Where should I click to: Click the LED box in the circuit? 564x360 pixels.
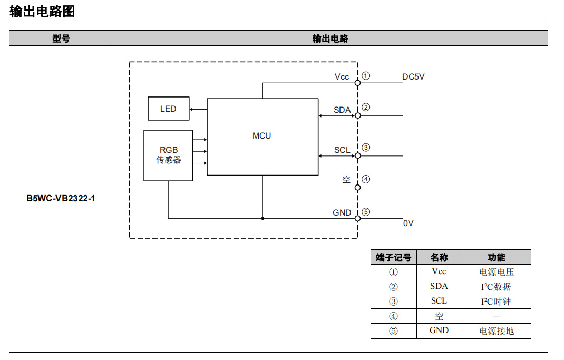click(x=168, y=109)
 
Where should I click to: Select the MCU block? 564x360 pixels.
click(x=262, y=136)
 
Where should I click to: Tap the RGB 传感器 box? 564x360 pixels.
click(x=168, y=155)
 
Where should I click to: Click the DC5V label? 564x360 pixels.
click(x=413, y=77)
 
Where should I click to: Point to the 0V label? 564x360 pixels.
click(x=409, y=223)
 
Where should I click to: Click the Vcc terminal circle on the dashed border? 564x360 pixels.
click(x=357, y=83)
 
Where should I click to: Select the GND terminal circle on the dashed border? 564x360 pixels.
click(x=357, y=218)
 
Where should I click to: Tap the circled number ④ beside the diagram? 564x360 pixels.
click(x=366, y=179)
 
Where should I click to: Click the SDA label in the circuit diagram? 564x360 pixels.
click(x=342, y=110)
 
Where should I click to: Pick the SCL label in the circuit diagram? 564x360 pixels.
click(x=342, y=150)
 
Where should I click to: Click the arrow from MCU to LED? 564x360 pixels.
click(x=198, y=109)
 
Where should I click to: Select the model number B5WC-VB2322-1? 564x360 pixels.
click(x=61, y=199)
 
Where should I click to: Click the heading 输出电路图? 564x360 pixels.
click(x=42, y=12)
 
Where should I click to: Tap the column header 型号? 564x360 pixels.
click(x=61, y=38)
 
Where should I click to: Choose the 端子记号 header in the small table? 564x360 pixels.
click(x=393, y=258)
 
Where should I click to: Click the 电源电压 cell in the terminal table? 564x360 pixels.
click(x=496, y=272)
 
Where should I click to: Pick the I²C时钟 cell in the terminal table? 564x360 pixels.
click(x=496, y=301)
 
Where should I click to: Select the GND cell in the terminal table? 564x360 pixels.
click(x=439, y=330)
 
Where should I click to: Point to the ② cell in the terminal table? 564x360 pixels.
click(x=393, y=287)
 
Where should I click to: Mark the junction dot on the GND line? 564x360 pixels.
click(x=262, y=218)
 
